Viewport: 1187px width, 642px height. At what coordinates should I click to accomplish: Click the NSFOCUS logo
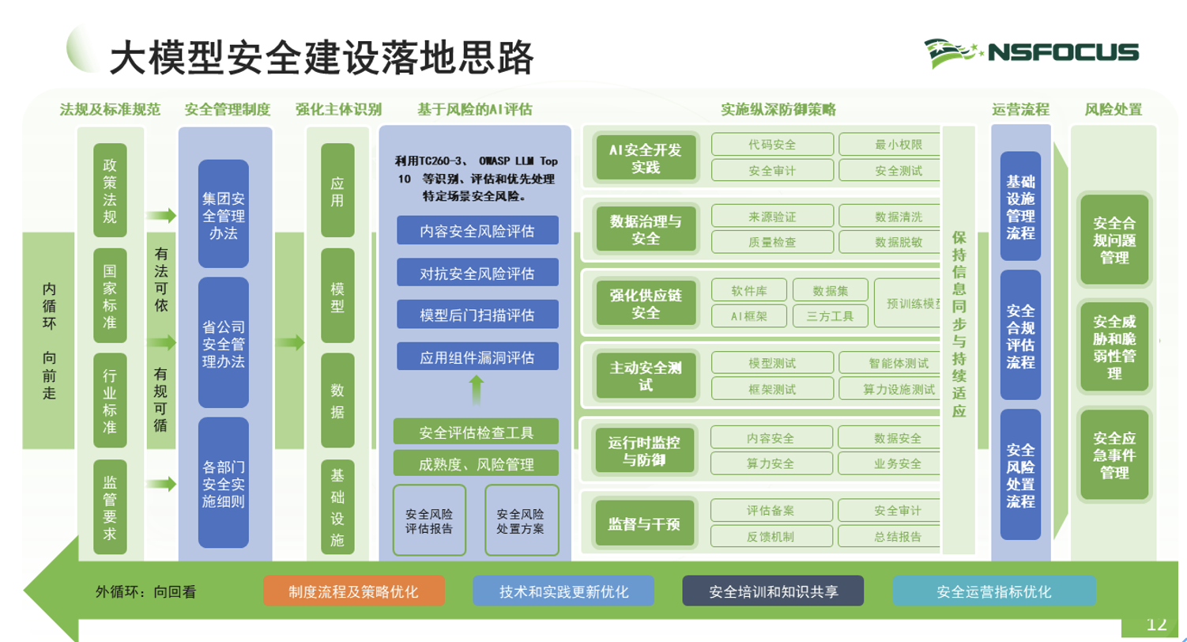point(1031,53)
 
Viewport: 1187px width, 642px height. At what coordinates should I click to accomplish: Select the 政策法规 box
point(110,191)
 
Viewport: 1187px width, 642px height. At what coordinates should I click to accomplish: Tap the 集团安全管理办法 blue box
point(224,213)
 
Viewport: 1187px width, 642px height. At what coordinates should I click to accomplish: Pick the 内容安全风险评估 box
point(477,231)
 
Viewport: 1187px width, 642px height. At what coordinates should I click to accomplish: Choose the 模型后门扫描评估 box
point(477,315)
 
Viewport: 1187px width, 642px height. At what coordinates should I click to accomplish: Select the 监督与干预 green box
point(644,523)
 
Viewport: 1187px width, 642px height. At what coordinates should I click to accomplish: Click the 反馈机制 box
point(771,536)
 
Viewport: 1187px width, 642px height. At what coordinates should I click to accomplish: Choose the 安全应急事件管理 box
point(1114,455)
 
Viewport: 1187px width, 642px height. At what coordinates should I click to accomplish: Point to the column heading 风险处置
point(1113,110)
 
